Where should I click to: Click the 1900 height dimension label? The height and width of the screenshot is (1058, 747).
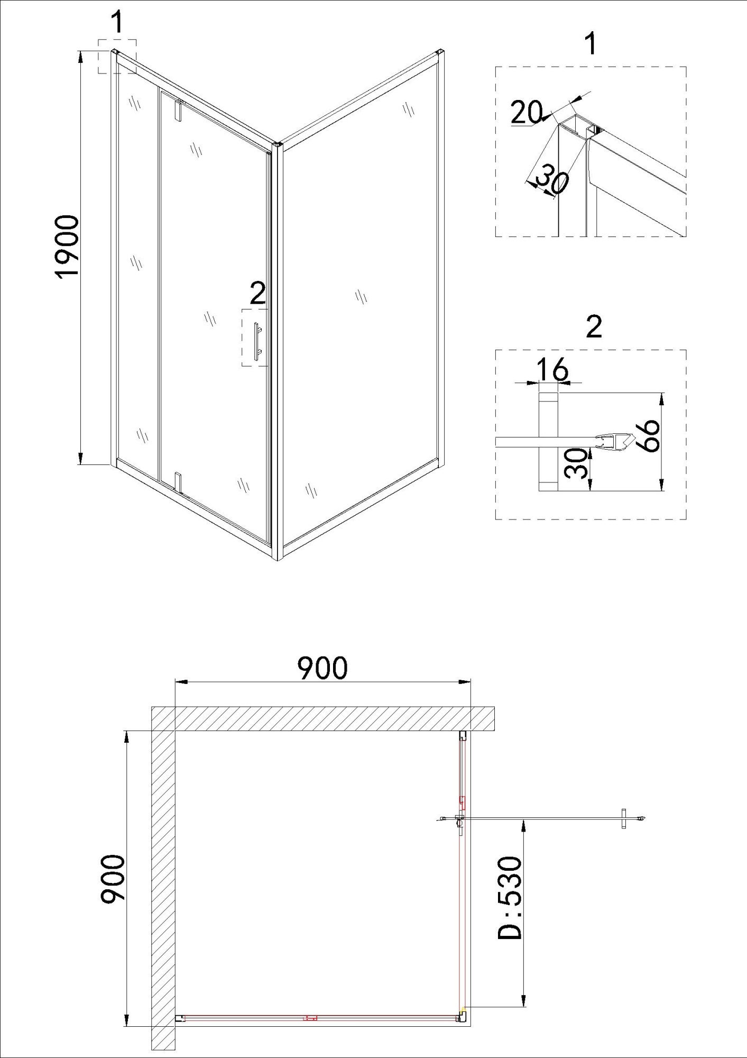(67, 245)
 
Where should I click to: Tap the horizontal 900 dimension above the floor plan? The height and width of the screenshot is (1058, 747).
(322, 668)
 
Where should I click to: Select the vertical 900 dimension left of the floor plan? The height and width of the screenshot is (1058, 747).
(113, 879)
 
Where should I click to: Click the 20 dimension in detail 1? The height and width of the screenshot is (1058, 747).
(526, 112)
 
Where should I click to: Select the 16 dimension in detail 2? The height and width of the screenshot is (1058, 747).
(552, 369)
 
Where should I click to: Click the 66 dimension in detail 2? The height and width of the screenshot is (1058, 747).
(648, 435)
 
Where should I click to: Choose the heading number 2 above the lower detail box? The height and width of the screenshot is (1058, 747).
(594, 326)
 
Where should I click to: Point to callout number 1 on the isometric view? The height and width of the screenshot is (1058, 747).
(117, 23)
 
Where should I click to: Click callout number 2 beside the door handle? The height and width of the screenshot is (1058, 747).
(257, 293)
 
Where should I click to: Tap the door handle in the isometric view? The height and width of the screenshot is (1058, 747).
(257, 341)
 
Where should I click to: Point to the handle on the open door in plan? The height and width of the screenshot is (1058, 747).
(624, 818)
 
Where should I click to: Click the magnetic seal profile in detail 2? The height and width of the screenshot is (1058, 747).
(613, 440)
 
